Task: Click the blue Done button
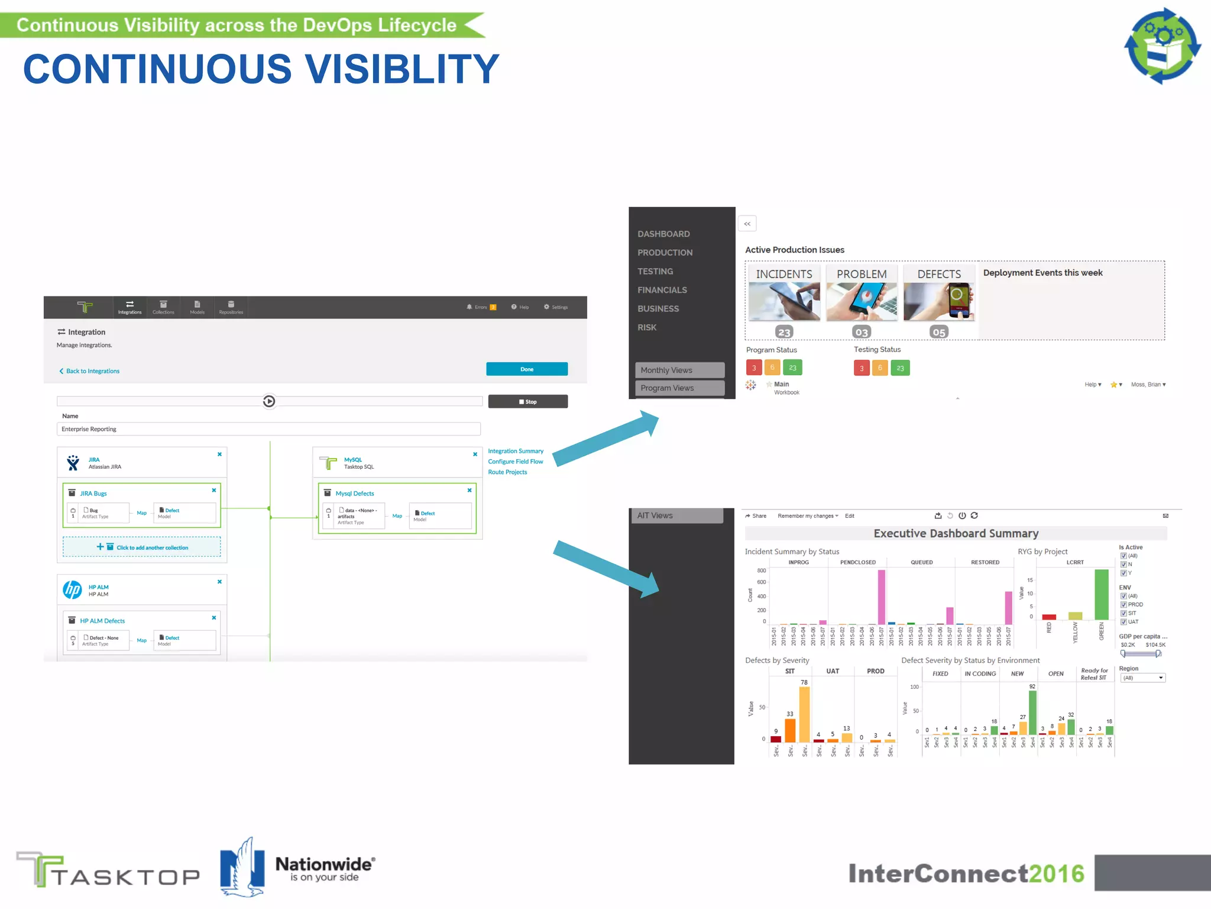click(x=526, y=369)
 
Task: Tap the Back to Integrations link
click(x=92, y=371)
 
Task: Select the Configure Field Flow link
click(x=515, y=462)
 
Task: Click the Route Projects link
click(x=507, y=472)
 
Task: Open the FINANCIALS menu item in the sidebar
click(x=662, y=290)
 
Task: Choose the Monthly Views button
click(x=679, y=370)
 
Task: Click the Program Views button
click(x=679, y=388)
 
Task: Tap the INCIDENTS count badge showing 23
click(x=784, y=332)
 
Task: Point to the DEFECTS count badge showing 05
click(x=938, y=332)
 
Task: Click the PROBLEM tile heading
click(x=862, y=274)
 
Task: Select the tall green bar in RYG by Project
click(x=1101, y=594)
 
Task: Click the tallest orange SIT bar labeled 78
click(x=804, y=714)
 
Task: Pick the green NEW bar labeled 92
click(x=1032, y=713)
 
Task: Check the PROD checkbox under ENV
click(x=1123, y=605)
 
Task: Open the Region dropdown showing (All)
click(x=1142, y=678)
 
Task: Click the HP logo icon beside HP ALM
click(x=72, y=589)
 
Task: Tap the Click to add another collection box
click(x=142, y=547)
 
